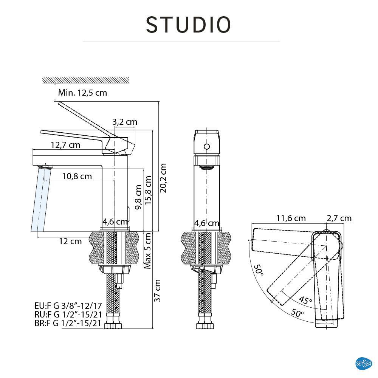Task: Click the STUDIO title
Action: click(188, 25)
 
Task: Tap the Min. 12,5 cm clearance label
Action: click(82, 93)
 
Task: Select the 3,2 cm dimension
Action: click(125, 122)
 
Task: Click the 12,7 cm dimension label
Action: click(65, 145)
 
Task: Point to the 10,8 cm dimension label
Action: click(77, 176)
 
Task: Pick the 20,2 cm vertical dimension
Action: click(163, 178)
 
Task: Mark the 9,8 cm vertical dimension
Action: click(139, 197)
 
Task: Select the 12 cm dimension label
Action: click(70, 241)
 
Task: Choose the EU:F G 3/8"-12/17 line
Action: click(68, 305)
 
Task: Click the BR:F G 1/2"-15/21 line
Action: click(68, 323)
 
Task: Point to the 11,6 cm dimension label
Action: click(291, 218)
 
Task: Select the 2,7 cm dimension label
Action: click(339, 218)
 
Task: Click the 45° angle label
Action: click(305, 300)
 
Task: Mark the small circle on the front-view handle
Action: click(207, 146)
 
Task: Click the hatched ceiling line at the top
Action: click(86, 80)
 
